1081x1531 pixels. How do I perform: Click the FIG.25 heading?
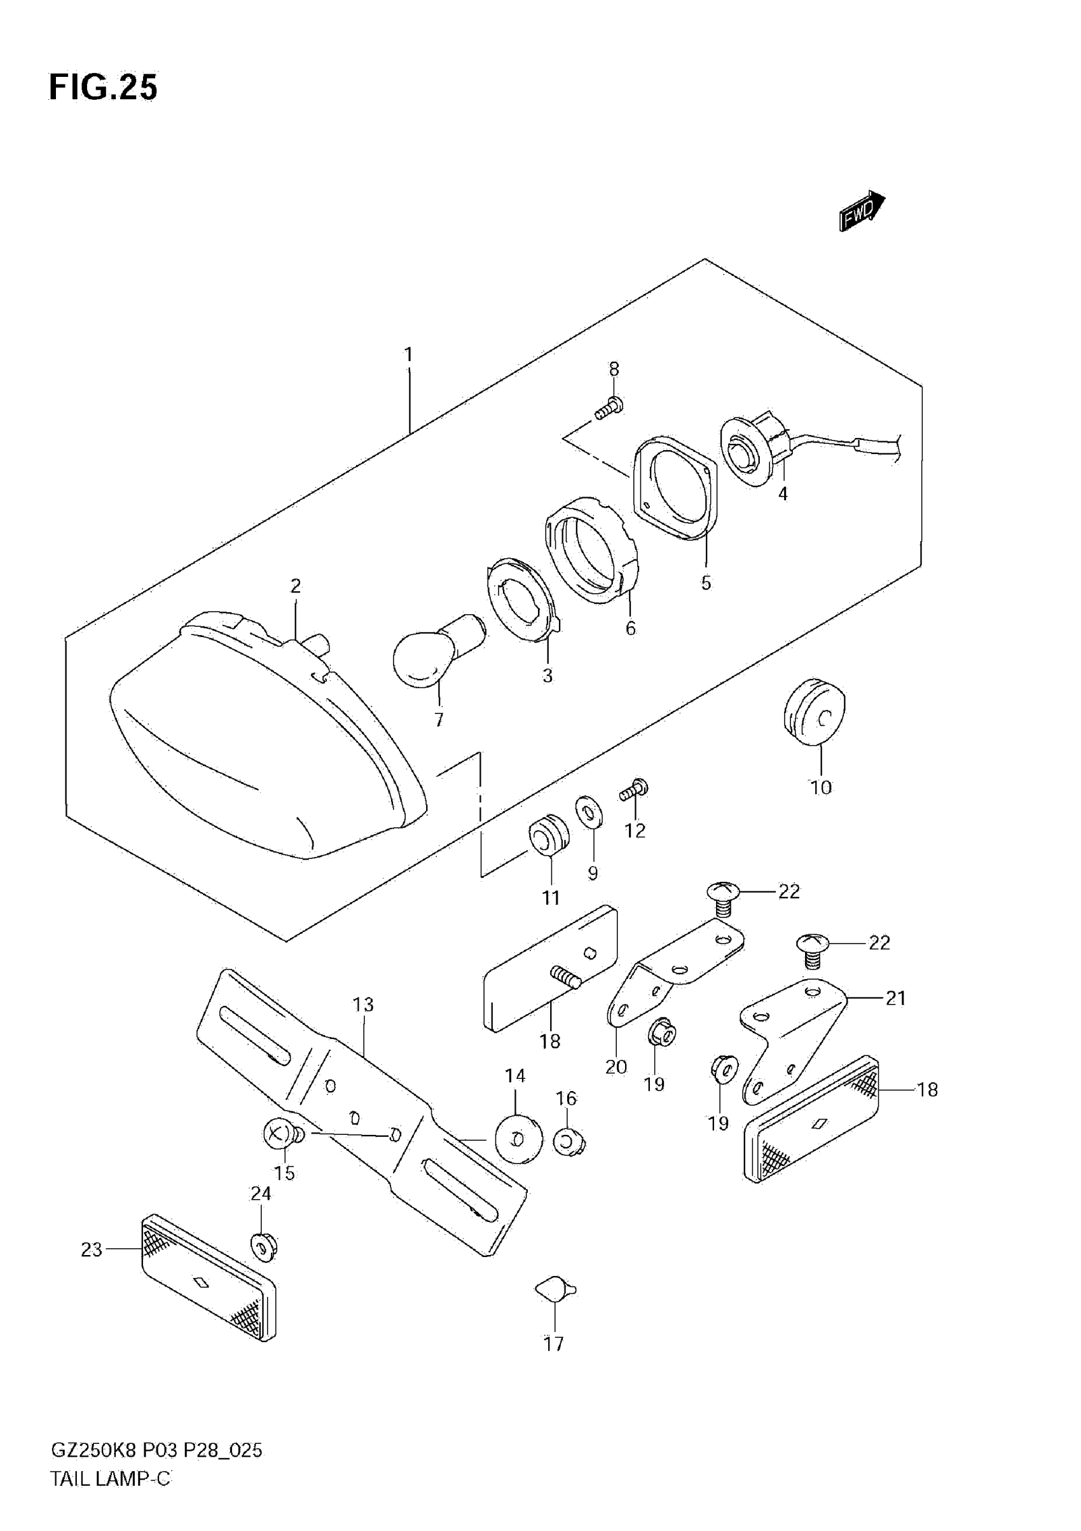(x=104, y=87)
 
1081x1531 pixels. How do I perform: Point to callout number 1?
(x=408, y=355)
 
